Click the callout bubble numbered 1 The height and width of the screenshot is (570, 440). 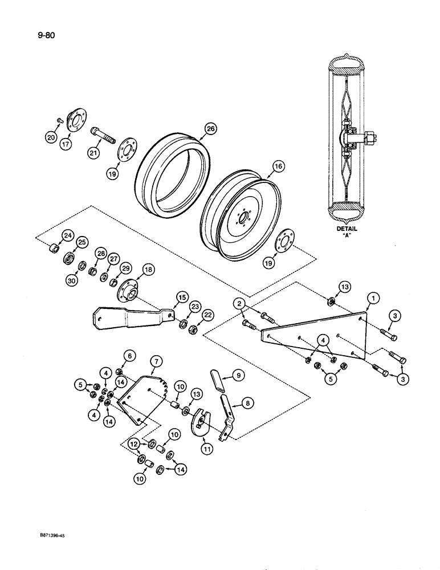(x=372, y=297)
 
